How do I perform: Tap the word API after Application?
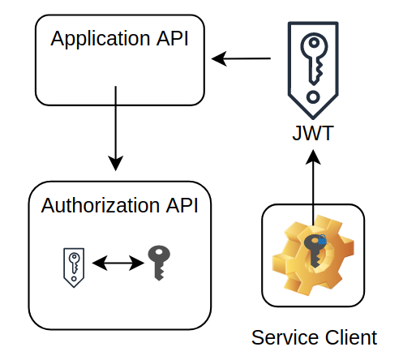tap(172, 40)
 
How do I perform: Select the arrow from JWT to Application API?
tap(241, 58)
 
